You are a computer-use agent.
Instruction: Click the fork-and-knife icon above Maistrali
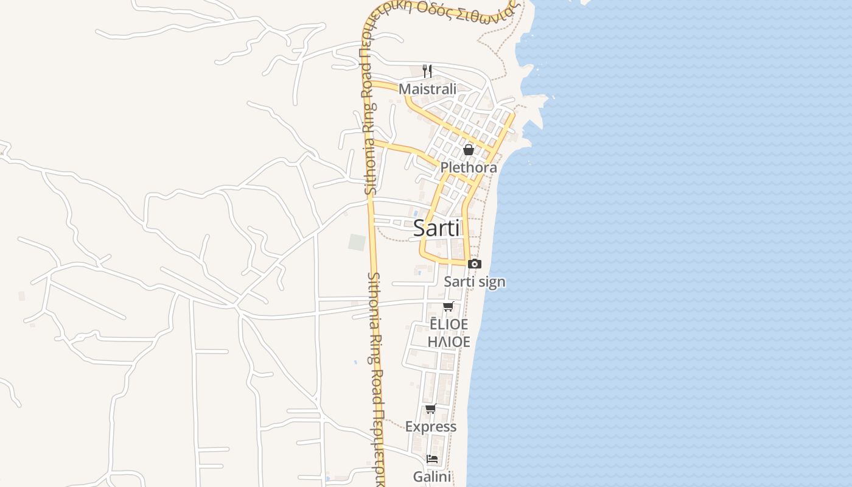coord(427,71)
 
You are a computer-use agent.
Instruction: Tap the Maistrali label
coord(427,89)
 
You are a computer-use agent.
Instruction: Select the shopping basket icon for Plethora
coord(469,149)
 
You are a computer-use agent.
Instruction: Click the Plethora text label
coord(469,167)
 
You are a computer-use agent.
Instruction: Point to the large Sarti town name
coord(437,228)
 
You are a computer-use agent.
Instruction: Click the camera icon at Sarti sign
coord(474,264)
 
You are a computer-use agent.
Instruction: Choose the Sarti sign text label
coord(474,282)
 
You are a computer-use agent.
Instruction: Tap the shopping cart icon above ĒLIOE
coord(449,306)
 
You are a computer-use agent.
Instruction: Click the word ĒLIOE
coord(449,324)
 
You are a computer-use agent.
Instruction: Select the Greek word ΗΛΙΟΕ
coord(449,342)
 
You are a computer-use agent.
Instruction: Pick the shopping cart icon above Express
coord(431,408)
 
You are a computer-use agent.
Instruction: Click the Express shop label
coord(431,427)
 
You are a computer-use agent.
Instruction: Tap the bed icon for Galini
coord(432,458)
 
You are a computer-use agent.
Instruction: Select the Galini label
coord(432,476)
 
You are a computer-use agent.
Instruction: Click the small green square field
coord(357,242)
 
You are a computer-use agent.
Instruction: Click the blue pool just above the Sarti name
coord(416,213)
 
